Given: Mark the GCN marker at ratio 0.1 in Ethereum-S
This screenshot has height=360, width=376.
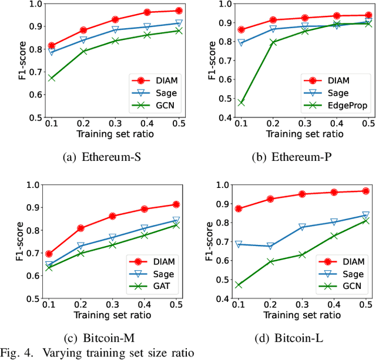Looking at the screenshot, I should [x=52, y=78].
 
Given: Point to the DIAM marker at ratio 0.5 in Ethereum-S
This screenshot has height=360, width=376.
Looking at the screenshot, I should [x=179, y=11].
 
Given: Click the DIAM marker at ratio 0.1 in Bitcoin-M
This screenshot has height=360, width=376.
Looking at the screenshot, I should [x=49, y=254].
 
